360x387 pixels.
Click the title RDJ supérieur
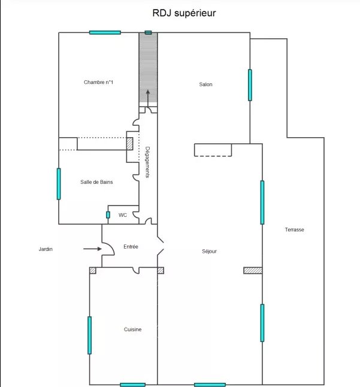(x=184, y=13)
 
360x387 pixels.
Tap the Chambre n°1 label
(x=98, y=82)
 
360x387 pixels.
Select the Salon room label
(x=205, y=84)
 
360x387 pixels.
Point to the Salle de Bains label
(x=96, y=182)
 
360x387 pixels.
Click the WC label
(x=123, y=215)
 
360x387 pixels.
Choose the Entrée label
(x=131, y=247)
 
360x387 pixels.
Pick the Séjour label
(x=209, y=251)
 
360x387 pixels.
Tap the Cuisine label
(x=133, y=329)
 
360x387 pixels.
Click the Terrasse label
(x=294, y=229)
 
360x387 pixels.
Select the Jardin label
(x=46, y=249)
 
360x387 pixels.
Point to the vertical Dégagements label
(x=147, y=162)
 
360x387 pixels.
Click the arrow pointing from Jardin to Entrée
(x=92, y=249)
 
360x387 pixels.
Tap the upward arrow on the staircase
(x=148, y=98)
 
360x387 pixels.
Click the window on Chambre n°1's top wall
(x=105, y=32)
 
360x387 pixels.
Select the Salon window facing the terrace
(x=250, y=85)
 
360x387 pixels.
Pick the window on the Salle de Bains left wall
(x=59, y=184)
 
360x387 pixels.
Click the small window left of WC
(x=108, y=215)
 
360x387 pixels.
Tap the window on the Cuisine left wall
(x=90, y=335)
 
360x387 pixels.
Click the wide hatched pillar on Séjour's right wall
(x=253, y=271)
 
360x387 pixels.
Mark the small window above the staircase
(x=148, y=32)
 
